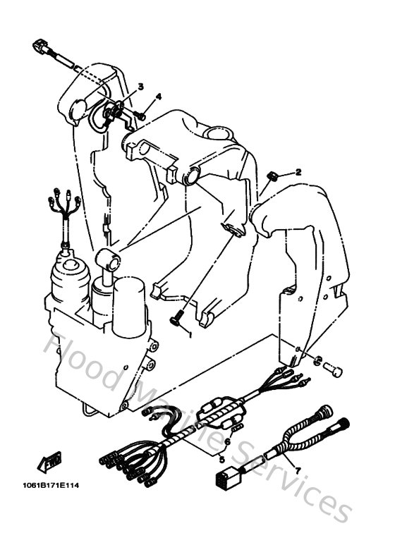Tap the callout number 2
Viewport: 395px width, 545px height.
[298, 172]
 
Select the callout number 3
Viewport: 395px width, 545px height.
[140, 87]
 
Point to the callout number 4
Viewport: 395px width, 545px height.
[159, 97]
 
